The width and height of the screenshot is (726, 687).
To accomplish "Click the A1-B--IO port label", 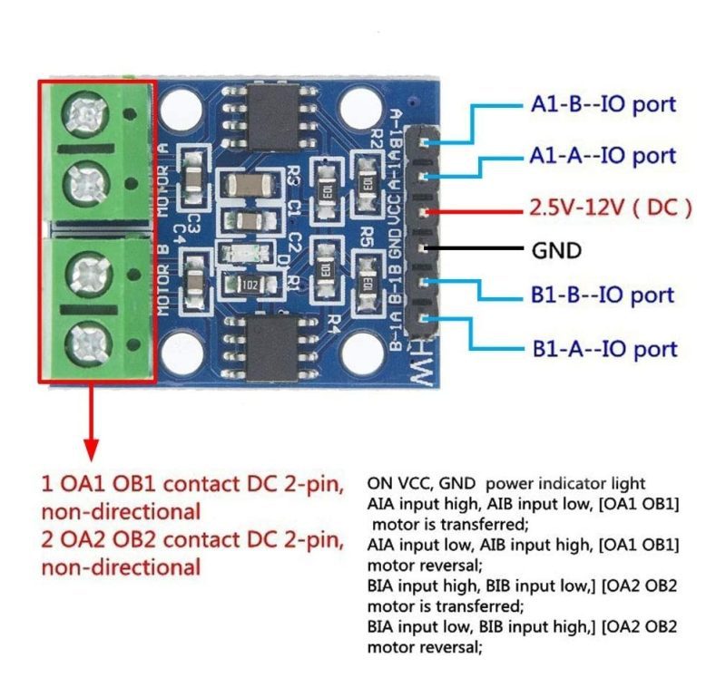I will tap(603, 104).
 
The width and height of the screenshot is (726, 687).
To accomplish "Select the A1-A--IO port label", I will tap(603, 156).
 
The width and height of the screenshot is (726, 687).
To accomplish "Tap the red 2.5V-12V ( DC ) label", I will tap(610, 208).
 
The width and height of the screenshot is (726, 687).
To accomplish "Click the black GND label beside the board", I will tap(556, 250).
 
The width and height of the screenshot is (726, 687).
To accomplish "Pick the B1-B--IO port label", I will tap(603, 295).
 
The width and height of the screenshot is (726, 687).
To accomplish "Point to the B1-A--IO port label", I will tap(604, 348).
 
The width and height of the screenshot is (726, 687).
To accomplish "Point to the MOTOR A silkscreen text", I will tap(163, 178).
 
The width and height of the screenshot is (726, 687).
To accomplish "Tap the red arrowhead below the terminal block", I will tap(91, 448).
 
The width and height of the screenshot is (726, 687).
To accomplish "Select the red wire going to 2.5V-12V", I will tap(472, 211).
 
